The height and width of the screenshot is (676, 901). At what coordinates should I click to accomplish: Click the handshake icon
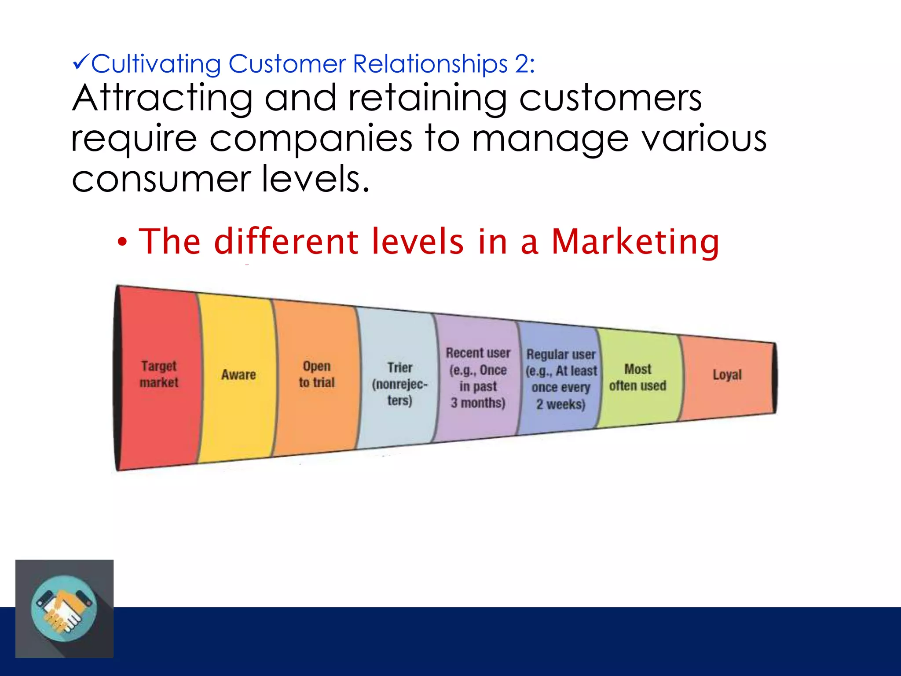(64, 609)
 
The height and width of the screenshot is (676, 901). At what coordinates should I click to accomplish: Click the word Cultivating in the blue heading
(156, 64)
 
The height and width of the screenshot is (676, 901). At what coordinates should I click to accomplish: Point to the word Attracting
(162, 99)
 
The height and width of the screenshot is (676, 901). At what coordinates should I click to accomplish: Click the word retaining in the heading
(427, 99)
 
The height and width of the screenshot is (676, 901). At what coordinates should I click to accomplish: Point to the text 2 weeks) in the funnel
(560, 404)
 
